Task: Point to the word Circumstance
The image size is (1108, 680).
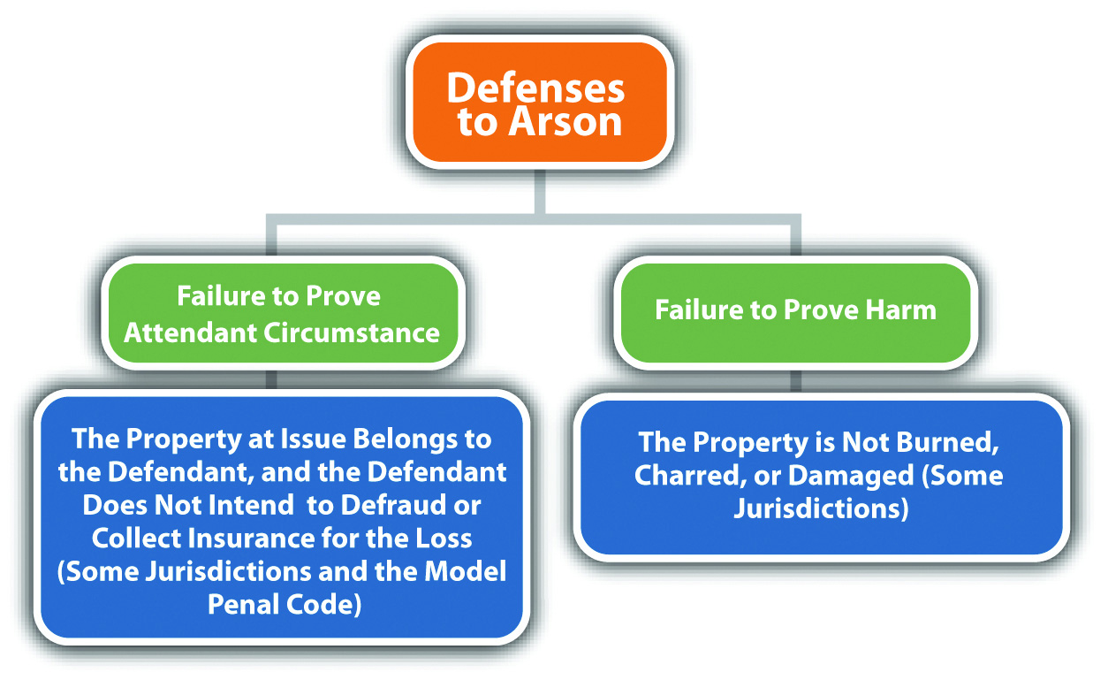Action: point(351,332)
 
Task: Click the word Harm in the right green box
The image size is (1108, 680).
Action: point(900,309)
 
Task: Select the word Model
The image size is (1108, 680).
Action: point(465,571)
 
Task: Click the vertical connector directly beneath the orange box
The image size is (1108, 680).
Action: point(540,192)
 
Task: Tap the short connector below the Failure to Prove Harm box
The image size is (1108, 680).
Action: point(795,381)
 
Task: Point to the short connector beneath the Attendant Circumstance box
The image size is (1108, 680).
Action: point(271,379)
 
